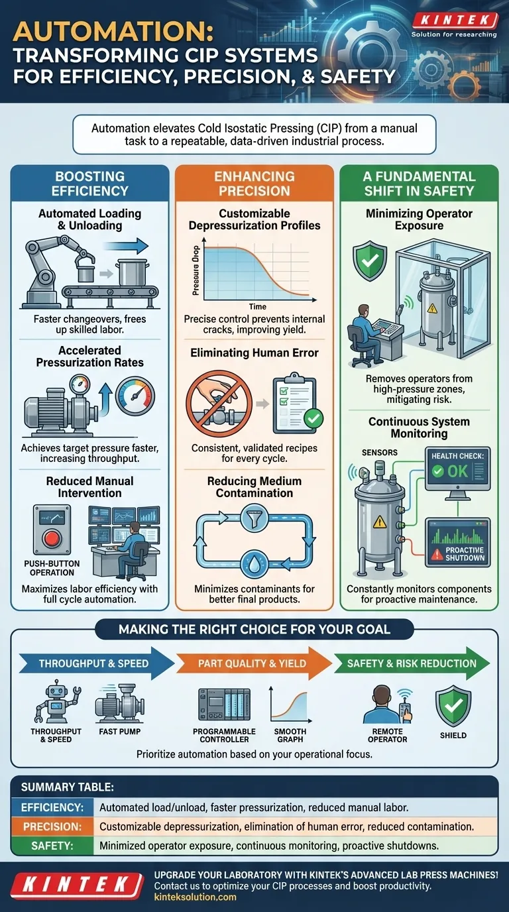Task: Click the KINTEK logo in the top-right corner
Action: pyautogui.click(x=454, y=21)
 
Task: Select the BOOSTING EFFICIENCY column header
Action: pyautogui.click(x=89, y=183)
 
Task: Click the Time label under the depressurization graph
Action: pyautogui.click(x=258, y=306)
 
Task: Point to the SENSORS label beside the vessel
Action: pyautogui.click(x=380, y=453)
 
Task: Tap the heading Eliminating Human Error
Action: pyautogui.click(x=254, y=353)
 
